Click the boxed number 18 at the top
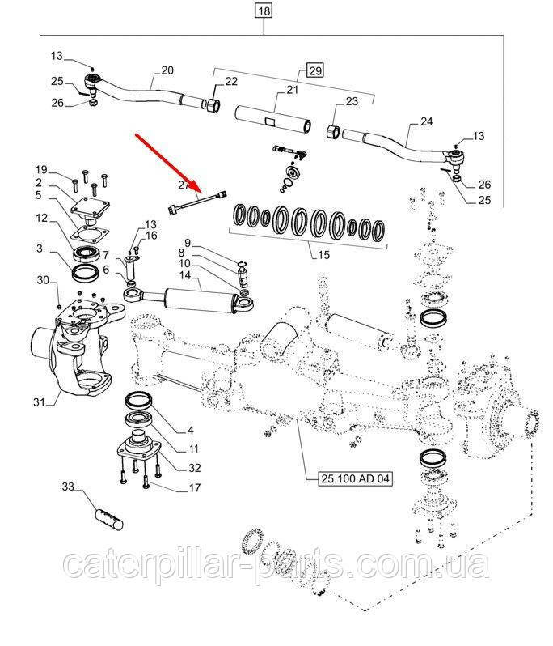264,11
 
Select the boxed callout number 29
314,70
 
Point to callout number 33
68,487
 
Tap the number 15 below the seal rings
324,255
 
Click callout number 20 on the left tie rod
167,70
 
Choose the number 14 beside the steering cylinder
185,275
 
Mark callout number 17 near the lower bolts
195,487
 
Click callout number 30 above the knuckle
43,280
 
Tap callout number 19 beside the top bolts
42,168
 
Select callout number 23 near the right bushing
350,101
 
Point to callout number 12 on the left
42,218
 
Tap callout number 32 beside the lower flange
195,467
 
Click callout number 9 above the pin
187,242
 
